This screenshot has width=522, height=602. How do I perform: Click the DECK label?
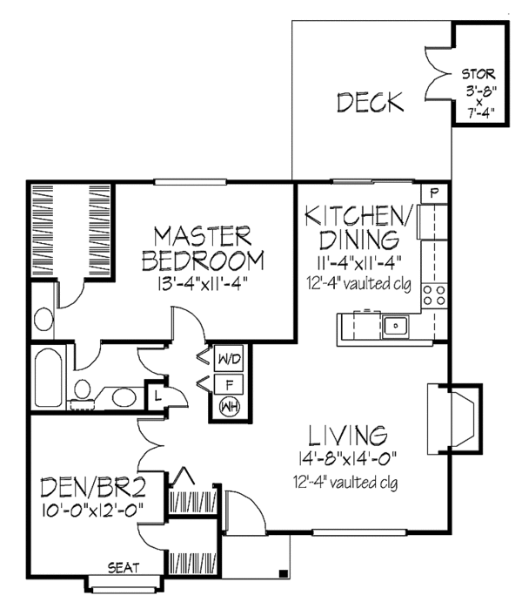tap(370, 103)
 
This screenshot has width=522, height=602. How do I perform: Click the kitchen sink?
tap(396, 326)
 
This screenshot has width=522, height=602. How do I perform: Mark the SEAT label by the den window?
tap(122, 567)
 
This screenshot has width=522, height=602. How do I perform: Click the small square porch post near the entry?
tap(284, 572)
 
